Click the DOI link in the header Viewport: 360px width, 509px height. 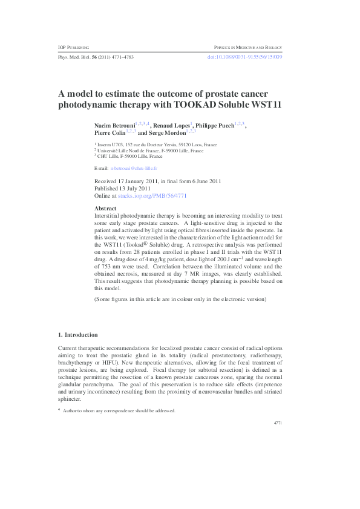pos(244,57)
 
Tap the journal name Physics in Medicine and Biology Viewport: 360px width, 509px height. pos(248,47)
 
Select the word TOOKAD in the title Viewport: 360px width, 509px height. pos(196,105)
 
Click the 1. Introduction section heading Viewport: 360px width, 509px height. pos(77,334)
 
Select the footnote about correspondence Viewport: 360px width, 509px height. pos(119,410)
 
